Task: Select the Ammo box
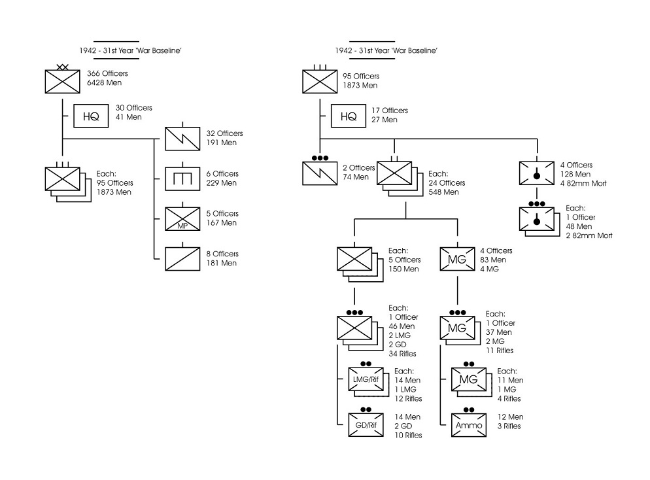click(469, 425)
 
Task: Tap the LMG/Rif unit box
click(366, 379)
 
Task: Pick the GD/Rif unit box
click(366, 425)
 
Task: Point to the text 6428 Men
click(104, 83)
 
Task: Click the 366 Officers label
click(107, 73)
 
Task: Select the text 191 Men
click(222, 143)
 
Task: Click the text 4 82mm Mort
click(583, 184)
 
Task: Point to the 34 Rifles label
click(402, 354)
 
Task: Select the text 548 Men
click(443, 192)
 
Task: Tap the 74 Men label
click(355, 177)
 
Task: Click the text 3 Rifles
click(509, 426)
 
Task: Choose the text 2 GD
click(403, 426)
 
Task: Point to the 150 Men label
click(403, 269)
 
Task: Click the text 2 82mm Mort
click(589, 236)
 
